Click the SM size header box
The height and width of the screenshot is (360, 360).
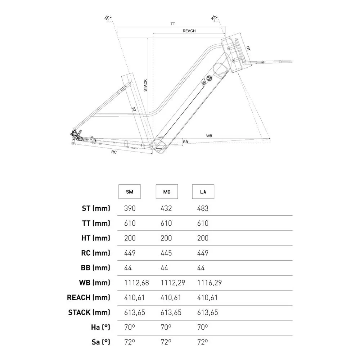coord(130,192)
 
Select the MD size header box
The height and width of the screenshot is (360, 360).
coord(167,192)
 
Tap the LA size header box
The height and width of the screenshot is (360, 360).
coord(203,192)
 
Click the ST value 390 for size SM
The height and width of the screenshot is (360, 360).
coord(130,208)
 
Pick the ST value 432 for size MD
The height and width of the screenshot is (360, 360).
coord(166,208)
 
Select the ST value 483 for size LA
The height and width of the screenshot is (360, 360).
coord(203,208)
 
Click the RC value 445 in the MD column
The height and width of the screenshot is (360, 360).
coord(166,253)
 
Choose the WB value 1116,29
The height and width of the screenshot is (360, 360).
coord(210,283)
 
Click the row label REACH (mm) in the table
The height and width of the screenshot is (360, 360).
coord(89,298)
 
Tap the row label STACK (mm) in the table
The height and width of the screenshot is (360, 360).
coord(89,312)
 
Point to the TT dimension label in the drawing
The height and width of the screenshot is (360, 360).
coord(173,24)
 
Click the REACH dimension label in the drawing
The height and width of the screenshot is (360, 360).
coord(189,31)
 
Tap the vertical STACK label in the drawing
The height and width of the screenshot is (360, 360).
coord(145,85)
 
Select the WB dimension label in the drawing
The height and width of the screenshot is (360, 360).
coord(209,136)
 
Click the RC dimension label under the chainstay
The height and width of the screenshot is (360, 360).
coord(114,152)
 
